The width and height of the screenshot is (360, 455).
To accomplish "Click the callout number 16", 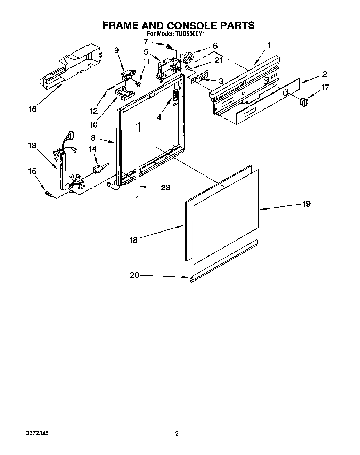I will click(x=32, y=109).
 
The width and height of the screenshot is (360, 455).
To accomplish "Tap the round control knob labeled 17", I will click(x=304, y=102).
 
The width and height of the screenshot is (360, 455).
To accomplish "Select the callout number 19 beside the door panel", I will click(x=306, y=204).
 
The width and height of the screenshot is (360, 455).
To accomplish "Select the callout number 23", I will click(x=165, y=187).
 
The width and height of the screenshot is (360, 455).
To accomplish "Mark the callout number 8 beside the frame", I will click(x=93, y=138).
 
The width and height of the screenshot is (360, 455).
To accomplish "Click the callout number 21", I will click(x=218, y=60).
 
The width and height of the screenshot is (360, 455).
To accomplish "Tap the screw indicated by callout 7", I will click(x=170, y=47).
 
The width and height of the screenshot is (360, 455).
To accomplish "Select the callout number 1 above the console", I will click(x=269, y=45).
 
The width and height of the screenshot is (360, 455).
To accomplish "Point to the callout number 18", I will click(x=134, y=240).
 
